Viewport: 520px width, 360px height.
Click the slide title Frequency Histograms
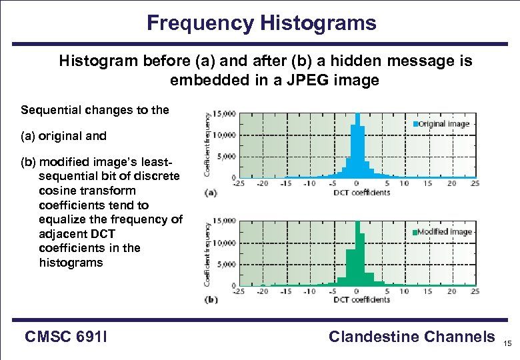[x=261, y=23]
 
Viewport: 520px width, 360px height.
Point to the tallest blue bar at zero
[x=357, y=147]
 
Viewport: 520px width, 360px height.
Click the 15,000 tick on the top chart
[x=224, y=114]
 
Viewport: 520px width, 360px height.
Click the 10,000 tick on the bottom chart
[x=224, y=243]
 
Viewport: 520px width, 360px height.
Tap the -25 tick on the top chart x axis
[x=237, y=183]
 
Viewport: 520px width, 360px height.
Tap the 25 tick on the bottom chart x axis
[x=474, y=291]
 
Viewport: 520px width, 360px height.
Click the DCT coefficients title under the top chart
[x=361, y=193]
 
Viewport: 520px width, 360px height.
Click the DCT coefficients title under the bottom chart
[x=361, y=300]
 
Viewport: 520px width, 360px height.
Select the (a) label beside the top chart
[x=211, y=193]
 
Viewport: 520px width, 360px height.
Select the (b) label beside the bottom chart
[x=211, y=300]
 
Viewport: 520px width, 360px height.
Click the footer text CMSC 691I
[x=67, y=337]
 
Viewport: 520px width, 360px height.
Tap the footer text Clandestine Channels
[x=411, y=337]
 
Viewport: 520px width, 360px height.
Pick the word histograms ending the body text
[x=71, y=262]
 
